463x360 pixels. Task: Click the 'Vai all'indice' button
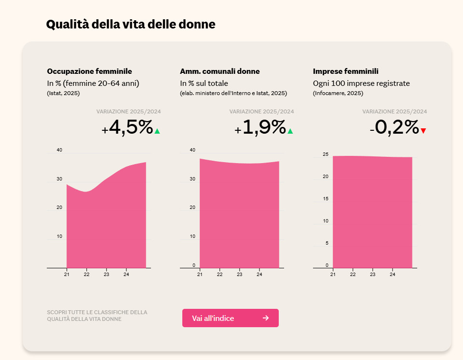click(x=230, y=318)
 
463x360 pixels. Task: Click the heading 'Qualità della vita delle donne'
click(x=131, y=25)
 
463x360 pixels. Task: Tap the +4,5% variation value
click(x=127, y=128)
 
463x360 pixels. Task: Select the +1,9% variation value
click(x=260, y=128)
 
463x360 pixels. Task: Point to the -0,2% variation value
click(x=394, y=128)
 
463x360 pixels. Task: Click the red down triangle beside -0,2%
click(x=423, y=131)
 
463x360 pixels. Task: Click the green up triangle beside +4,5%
click(x=157, y=131)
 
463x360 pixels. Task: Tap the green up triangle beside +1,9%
click(x=290, y=131)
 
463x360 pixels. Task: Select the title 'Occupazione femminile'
click(x=89, y=71)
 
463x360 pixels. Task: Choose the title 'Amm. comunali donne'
click(x=220, y=71)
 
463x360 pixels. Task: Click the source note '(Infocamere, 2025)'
click(x=338, y=93)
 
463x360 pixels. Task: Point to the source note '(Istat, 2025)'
click(x=63, y=93)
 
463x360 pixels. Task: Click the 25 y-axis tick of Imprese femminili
click(x=326, y=154)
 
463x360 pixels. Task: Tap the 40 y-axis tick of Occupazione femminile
click(x=59, y=150)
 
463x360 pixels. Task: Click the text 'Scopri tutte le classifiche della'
click(x=97, y=312)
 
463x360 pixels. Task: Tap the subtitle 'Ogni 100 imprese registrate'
click(x=361, y=83)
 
